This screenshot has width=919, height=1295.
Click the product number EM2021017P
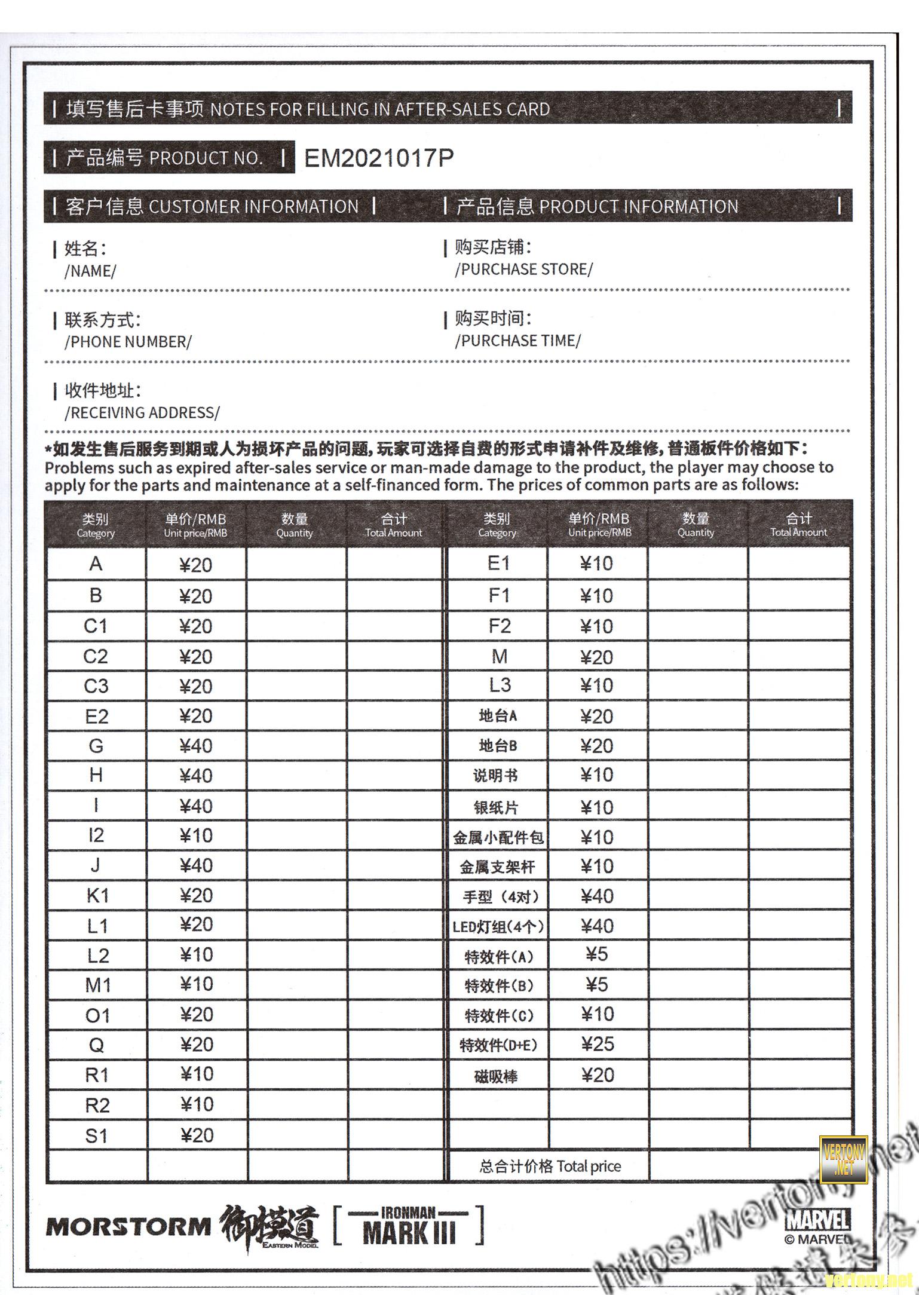coord(379,158)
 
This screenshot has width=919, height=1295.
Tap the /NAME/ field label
coord(90,271)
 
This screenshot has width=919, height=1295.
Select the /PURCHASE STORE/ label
coord(523,270)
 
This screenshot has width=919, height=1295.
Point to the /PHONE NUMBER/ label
coord(128,342)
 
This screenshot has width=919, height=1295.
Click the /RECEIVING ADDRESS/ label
coord(142,413)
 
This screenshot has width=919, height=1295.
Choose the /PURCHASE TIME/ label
coord(517,341)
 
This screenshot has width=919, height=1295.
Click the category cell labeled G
coord(96,746)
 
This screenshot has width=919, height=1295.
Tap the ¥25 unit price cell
coord(598,1044)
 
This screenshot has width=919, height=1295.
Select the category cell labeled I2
coord(96,835)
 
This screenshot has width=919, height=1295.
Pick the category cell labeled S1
coord(97,1135)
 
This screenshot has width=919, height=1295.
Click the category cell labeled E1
coord(498,564)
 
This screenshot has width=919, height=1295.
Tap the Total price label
coord(550,1166)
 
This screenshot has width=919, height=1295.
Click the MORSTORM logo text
coord(128,1227)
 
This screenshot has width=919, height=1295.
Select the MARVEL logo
coord(818,1220)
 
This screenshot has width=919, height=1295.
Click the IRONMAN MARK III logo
coord(409,1225)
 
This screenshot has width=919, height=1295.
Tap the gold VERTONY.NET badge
coord(843,1159)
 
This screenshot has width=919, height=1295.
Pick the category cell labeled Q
coord(96,1045)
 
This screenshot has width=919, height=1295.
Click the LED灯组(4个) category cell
coord(498,927)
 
